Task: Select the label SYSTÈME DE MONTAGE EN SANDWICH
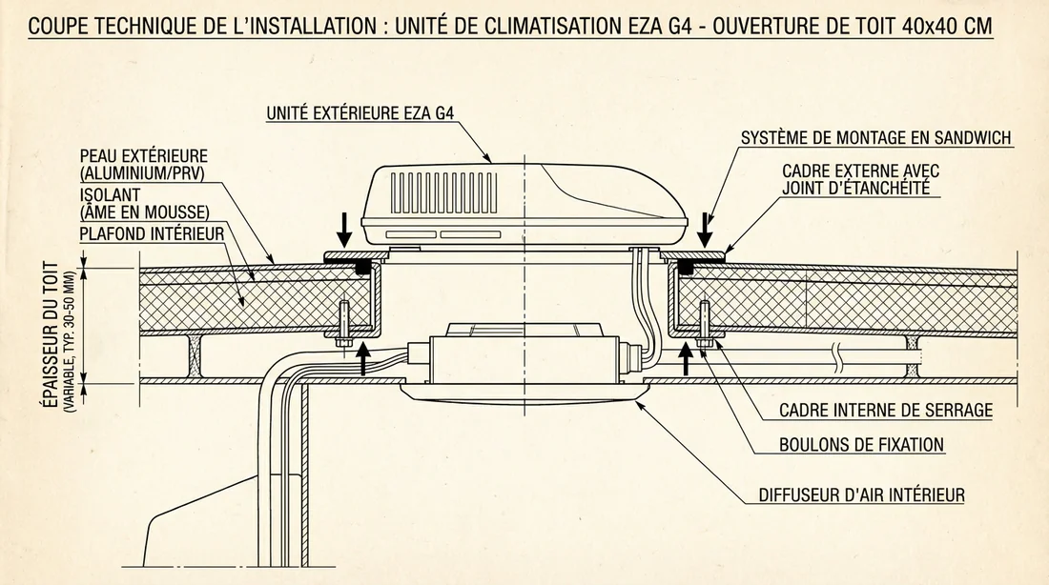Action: [x=875, y=138]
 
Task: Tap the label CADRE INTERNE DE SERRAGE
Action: [x=886, y=411]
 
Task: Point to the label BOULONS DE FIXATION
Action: [x=861, y=444]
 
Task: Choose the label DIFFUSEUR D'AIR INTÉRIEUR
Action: [x=861, y=495]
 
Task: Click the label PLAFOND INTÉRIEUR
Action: [x=152, y=232]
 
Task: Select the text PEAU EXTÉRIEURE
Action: [x=144, y=155]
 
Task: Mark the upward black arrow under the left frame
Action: [x=363, y=358]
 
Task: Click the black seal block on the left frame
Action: [x=363, y=270]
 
